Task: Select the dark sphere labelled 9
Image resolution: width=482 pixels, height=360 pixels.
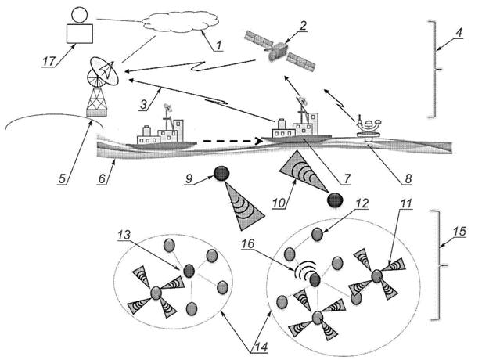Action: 221,172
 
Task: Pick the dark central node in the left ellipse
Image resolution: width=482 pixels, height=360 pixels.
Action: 189,271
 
